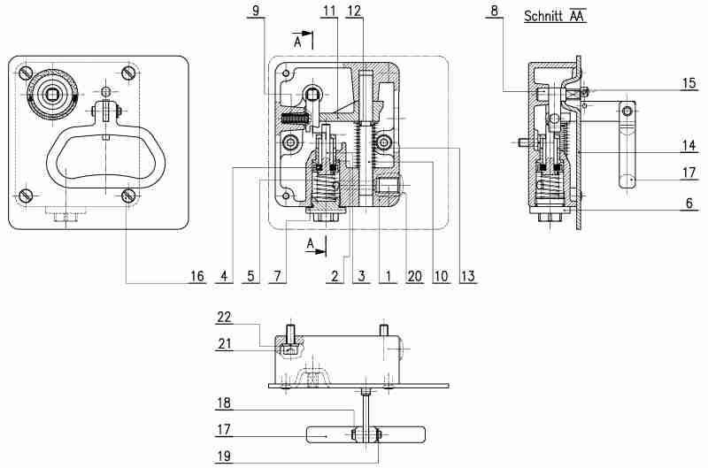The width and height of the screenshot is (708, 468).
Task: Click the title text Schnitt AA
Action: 555,16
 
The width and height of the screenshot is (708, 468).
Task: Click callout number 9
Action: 256,11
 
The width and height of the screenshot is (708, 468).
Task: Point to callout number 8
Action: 495,11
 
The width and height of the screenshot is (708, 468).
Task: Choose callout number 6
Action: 689,202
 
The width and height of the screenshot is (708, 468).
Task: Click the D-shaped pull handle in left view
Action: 99,159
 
